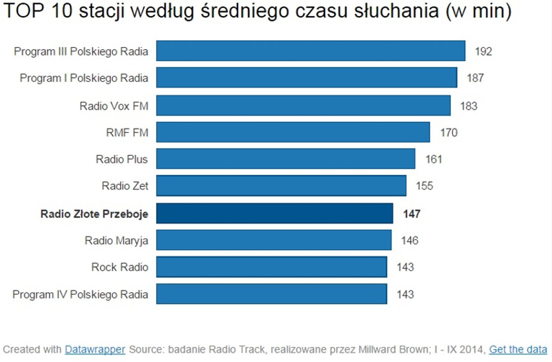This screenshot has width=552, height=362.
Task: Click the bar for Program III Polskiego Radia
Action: click(x=311, y=51)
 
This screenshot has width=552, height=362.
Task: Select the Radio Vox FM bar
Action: click(x=303, y=105)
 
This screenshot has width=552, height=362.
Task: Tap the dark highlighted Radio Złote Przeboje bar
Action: click(x=274, y=213)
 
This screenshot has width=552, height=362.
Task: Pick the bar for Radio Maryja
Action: click(x=274, y=240)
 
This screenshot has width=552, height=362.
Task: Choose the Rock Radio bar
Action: click(x=271, y=267)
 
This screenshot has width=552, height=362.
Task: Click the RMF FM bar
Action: click(x=293, y=132)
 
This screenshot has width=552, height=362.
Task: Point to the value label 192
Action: click(x=483, y=51)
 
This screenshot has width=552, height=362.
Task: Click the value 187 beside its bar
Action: click(x=475, y=78)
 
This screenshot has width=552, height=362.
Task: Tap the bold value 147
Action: click(x=411, y=214)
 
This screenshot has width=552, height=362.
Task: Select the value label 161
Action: click(x=434, y=159)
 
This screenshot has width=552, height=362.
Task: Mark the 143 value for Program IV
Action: click(x=405, y=295)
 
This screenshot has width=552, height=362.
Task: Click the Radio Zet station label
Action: click(x=125, y=186)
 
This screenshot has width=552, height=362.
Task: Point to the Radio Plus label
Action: click(x=122, y=159)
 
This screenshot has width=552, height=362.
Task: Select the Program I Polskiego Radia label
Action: click(x=84, y=78)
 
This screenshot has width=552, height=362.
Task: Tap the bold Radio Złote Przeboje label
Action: click(x=94, y=214)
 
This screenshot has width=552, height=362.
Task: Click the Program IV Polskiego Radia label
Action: click(x=80, y=295)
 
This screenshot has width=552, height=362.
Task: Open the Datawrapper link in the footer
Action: click(x=95, y=349)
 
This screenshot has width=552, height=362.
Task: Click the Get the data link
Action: click(x=518, y=349)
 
